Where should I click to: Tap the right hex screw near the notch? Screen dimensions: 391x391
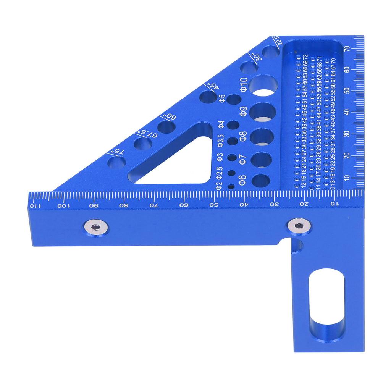(299, 226)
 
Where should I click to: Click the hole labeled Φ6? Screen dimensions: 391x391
(262, 181)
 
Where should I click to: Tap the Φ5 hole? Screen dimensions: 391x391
(233, 100)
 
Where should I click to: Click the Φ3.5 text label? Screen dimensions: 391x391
(220, 141)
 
